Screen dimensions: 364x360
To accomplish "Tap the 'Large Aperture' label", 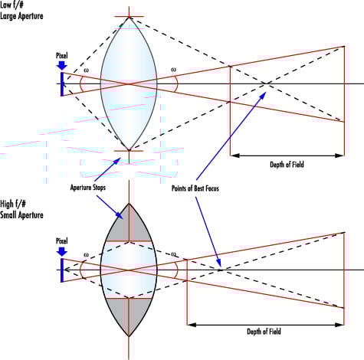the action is click(21, 16).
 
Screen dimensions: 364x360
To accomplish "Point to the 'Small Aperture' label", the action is click(21, 214).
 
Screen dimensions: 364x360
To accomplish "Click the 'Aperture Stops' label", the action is click(88, 188).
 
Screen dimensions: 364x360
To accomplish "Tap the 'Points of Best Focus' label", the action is click(195, 188).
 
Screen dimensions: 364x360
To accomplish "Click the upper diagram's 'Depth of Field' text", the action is click(287, 164).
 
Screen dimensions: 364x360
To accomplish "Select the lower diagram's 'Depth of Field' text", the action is click(264, 332).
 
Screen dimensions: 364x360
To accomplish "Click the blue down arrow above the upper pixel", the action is click(62, 65).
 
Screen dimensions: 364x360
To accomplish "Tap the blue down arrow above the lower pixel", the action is click(62, 251).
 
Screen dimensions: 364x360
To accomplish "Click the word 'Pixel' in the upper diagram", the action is click(62, 56).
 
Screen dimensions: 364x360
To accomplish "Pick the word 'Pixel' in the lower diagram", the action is click(62, 241).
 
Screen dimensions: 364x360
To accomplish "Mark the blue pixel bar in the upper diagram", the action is click(62, 84).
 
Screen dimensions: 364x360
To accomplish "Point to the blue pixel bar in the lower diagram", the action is click(62, 270).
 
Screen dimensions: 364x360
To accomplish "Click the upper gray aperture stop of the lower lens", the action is click(129, 226).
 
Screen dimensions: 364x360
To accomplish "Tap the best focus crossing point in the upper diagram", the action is click(267, 83).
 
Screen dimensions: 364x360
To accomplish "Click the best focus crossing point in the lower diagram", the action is click(221, 270).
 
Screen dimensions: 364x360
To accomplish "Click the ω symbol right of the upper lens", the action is click(173, 70).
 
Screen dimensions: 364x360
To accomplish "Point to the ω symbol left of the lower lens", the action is click(86, 255).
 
